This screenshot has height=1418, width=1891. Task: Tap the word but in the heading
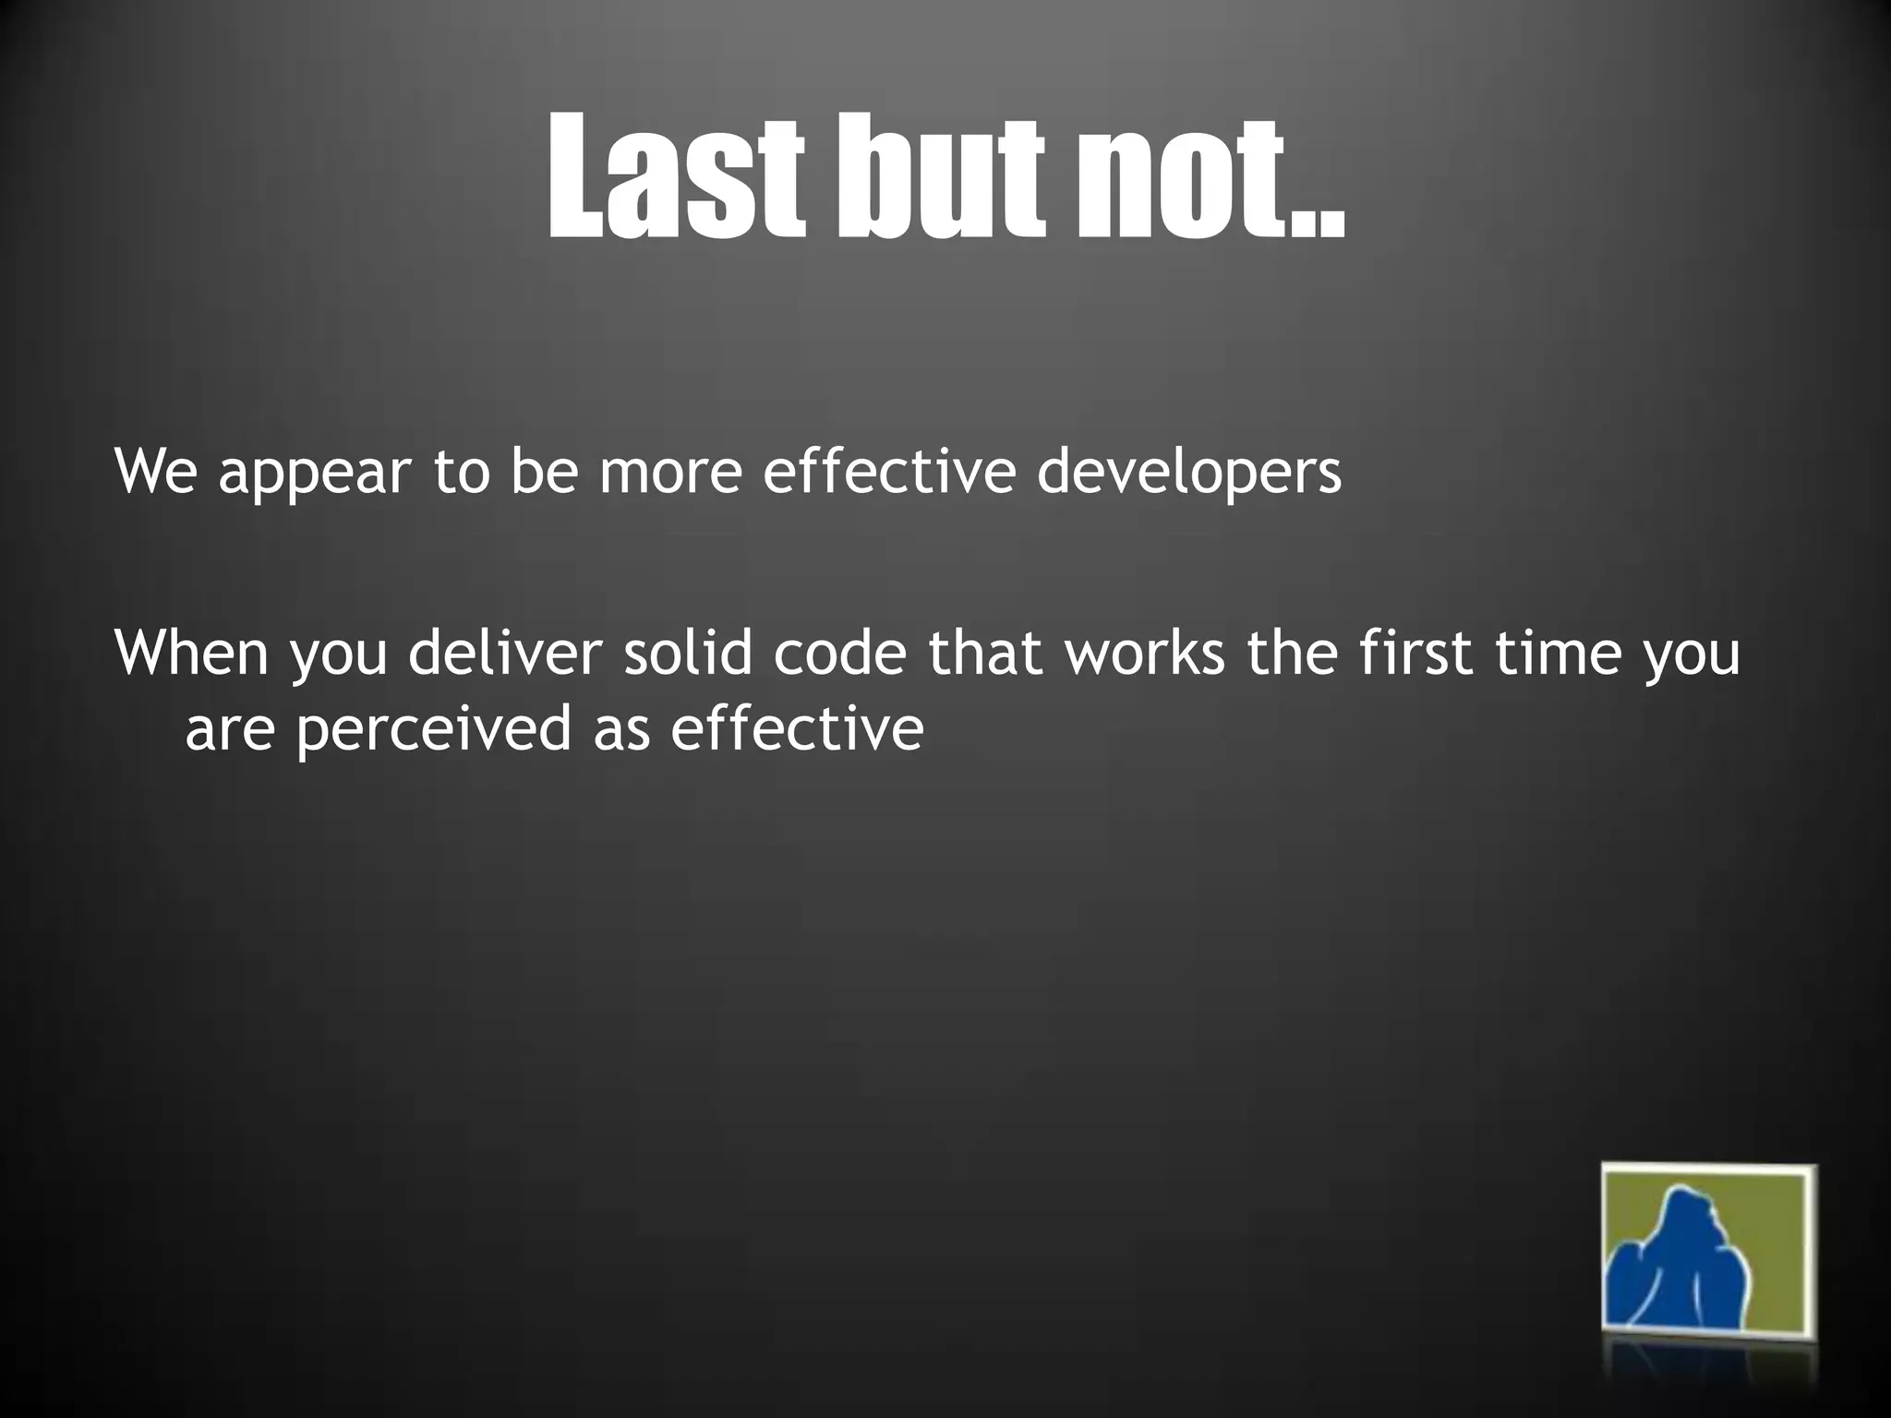941,175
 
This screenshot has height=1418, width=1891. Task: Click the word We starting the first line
154,472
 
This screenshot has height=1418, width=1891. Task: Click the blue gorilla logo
1708,1261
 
